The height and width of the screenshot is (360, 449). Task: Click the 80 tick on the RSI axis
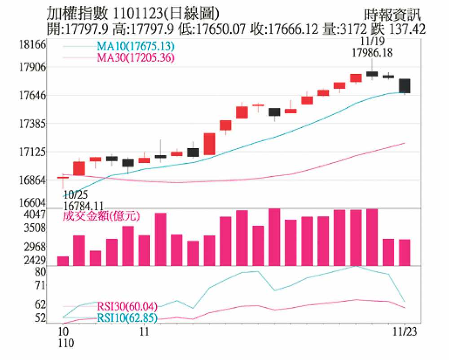pos(40,272)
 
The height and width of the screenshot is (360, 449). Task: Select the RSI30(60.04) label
pos(127,307)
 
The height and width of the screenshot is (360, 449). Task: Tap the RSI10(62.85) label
pos(127,319)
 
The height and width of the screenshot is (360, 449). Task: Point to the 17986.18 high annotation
pos(372,52)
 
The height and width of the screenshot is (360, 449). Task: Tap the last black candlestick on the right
pos(405,85)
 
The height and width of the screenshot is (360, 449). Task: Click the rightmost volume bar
pos(405,252)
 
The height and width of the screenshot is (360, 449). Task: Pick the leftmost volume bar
pos(63,261)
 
